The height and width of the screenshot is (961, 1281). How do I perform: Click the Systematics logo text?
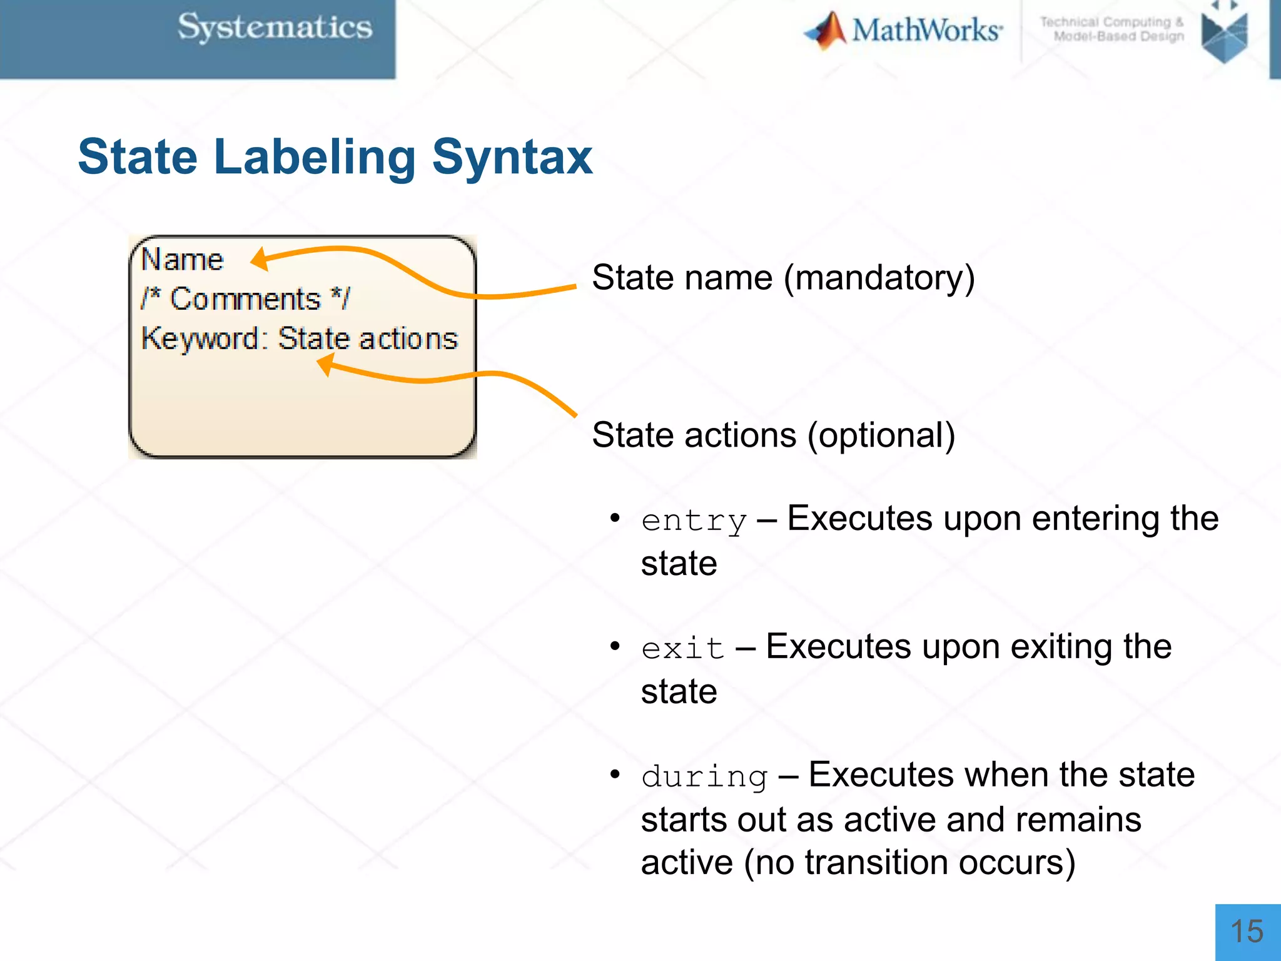(275, 28)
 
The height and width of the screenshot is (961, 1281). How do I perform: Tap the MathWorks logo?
(903, 30)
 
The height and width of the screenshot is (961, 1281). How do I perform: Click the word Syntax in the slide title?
(512, 158)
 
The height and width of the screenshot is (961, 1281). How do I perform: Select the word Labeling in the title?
(315, 158)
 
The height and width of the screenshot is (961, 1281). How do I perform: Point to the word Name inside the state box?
(182, 260)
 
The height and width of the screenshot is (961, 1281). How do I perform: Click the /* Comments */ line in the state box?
(245, 298)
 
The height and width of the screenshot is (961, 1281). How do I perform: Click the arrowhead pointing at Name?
(260, 258)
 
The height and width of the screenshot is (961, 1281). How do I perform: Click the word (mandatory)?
(879, 278)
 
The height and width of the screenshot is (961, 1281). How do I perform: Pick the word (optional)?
(881, 435)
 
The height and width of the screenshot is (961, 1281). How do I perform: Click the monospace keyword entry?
(694, 521)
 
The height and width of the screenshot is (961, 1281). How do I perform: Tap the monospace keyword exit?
(682, 649)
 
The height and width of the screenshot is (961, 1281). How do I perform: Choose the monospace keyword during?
(704, 777)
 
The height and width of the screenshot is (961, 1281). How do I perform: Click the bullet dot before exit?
(615, 646)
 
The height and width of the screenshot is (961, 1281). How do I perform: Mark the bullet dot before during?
(615, 775)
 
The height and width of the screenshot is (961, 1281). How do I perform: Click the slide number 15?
(1247, 932)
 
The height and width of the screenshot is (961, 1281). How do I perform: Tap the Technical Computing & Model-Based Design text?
(1112, 29)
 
